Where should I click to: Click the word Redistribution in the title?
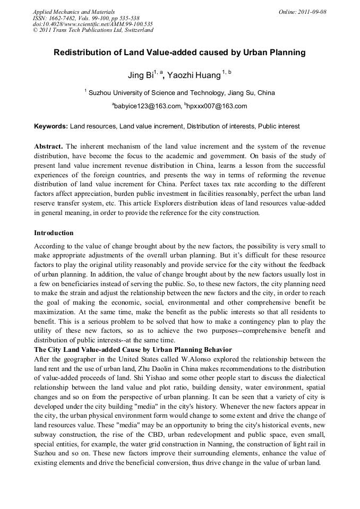click(82, 53)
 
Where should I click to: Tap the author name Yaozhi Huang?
click(191, 75)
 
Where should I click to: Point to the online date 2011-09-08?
click(310, 12)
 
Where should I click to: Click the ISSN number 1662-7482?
click(68, 18)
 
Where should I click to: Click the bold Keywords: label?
click(51, 126)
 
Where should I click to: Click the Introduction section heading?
click(54, 232)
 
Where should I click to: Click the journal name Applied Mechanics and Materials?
click(74, 12)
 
